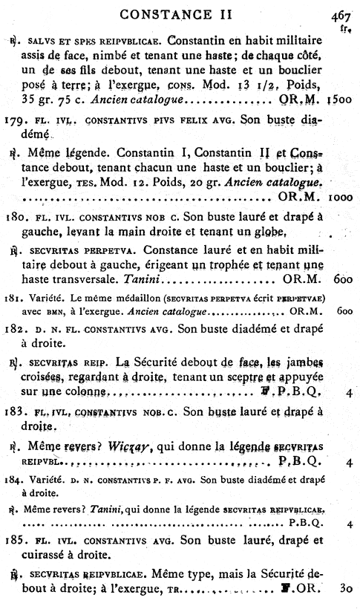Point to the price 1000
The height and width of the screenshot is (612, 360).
[x=342, y=199]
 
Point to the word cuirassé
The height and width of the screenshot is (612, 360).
[x=50, y=555]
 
